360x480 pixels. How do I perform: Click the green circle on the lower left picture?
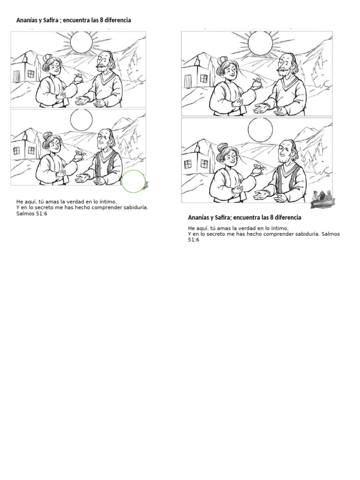click(x=134, y=181)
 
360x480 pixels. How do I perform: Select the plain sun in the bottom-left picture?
click(x=81, y=120)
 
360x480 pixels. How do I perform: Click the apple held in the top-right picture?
click(x=256, y=83)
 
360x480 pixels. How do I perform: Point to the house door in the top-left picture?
click(x=17, y=75)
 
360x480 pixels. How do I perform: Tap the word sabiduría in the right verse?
click(x=305, y=234)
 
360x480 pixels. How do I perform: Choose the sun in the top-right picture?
click(x=260, y=43)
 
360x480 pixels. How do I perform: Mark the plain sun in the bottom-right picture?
click(x=260, y=129)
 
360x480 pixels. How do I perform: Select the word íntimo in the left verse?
click(x=105, y=202)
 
